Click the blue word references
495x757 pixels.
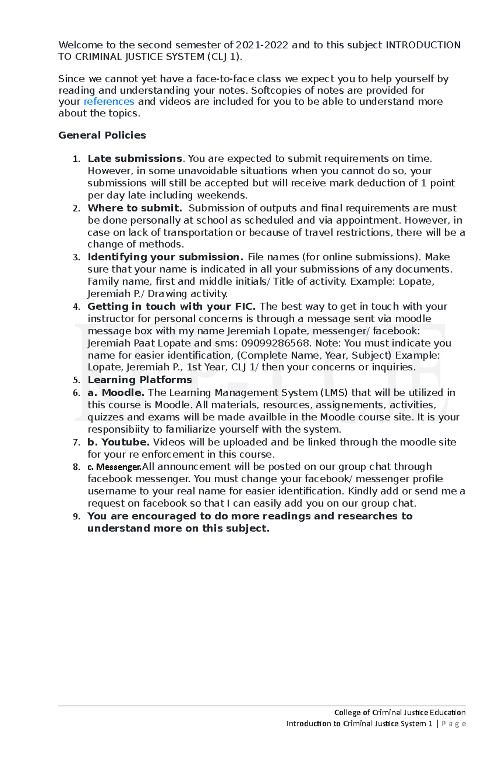click(109, 101)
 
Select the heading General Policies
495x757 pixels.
click(102, 135)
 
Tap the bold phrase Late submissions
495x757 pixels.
click(134, 159)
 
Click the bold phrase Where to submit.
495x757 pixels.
click(134, 208)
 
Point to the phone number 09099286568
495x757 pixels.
click(275, 343)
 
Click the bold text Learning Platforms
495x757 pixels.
click(139, 380)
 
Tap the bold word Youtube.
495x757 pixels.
click(125, 442)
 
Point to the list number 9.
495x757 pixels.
click(76, 516)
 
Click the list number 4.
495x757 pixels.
click(76, 307)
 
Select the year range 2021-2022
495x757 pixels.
click(262, 45)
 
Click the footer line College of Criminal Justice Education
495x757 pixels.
click(399, 712)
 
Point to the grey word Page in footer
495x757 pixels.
click(453, 724)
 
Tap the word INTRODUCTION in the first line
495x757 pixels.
click(422, 45)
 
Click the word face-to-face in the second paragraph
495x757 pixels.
click(224, 79)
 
